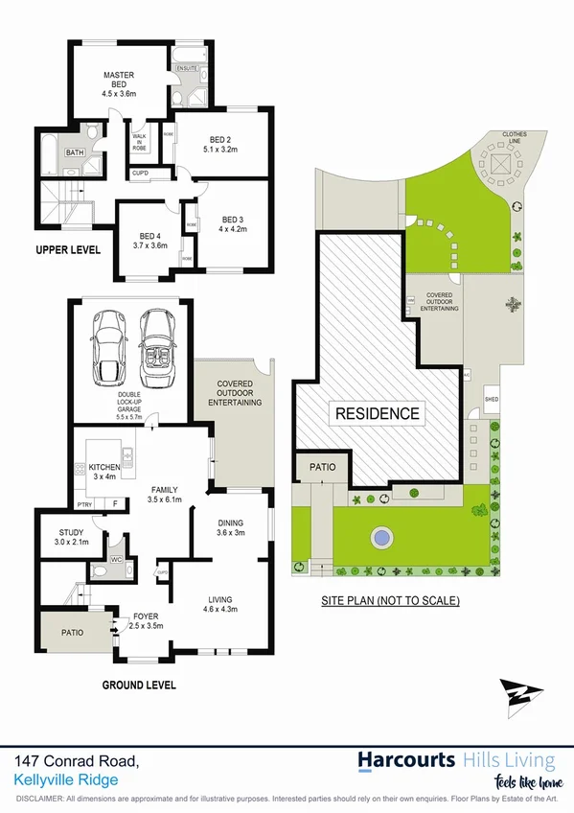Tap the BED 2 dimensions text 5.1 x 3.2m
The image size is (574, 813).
220,150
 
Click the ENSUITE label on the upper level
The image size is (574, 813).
186,69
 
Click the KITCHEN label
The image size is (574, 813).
103,467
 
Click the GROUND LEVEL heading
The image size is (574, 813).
139,685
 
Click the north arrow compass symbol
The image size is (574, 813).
520,695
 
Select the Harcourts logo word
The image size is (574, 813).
406,761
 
